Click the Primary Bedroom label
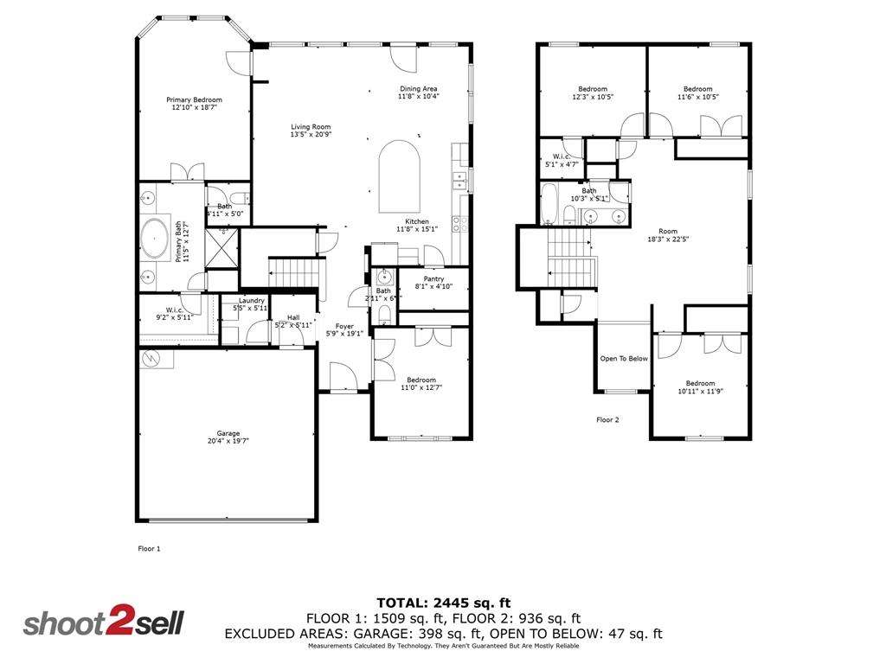194,100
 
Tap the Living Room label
310,127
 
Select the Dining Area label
418,88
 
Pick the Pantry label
433,278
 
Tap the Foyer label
344,327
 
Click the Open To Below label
624,359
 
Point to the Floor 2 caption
607,420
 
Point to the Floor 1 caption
150,548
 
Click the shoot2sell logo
103,623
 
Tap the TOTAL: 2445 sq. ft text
443,602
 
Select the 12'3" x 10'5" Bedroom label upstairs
593,89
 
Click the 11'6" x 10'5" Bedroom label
697,89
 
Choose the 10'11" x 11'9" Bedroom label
700,383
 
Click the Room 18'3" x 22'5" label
667,231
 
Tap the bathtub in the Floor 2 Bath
549,202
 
